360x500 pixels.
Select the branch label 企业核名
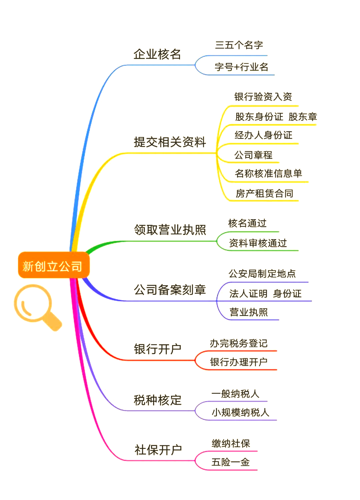tap(157, 54)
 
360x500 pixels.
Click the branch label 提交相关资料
tap(170, 142)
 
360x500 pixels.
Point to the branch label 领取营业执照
tap(170, 230)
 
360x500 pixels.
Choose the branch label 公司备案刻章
tap(170, 290)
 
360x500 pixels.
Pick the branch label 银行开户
tap(157, 349)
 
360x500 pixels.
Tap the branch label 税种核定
tap(157, 400)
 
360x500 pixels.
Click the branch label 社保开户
tap(158, 450)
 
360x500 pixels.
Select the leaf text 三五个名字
tap(239, 45)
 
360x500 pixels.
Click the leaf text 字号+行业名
tap(241, 67)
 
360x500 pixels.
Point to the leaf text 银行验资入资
tap(263, 97)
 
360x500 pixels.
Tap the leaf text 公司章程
tap(253, 155)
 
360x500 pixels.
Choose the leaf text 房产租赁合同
tap(264, 193)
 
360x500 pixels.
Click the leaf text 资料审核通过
tap(258, 243)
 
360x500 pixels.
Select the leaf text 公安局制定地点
tap(262, 273)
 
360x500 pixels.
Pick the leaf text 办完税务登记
tap(239, 343)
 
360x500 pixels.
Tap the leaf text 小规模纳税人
tap(240, 412)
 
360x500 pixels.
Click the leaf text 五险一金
tap(231, 462)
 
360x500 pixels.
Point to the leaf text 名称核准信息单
tap(268, 173)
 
